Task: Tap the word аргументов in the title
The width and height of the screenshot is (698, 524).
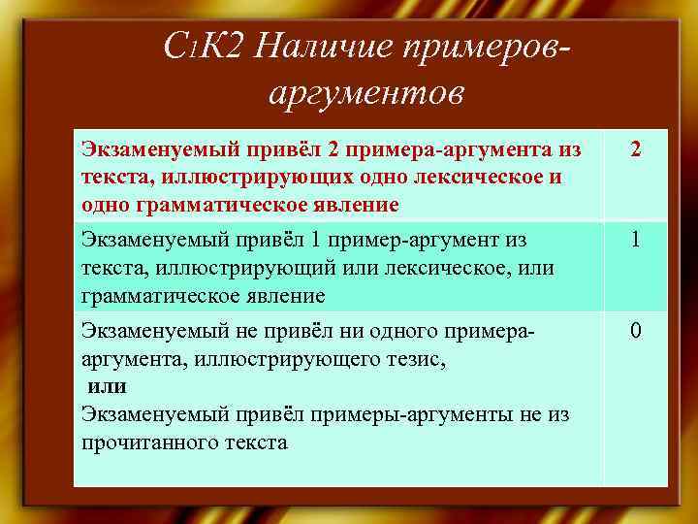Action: click(x=364, y=93)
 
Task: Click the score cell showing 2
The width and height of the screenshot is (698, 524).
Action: click(x=634, y=152)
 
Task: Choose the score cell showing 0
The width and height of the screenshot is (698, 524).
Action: click(x=634, y=333)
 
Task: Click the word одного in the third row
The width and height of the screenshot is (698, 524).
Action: click(x=392, y=332)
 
